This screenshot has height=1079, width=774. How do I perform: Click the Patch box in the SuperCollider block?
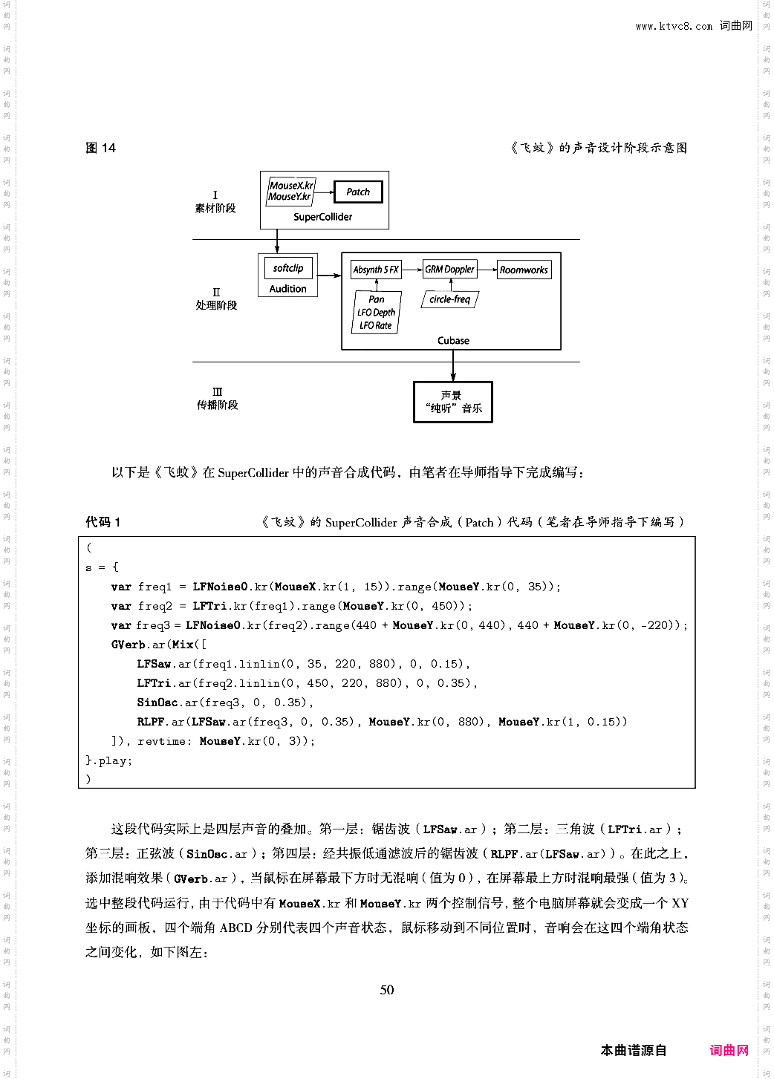358,192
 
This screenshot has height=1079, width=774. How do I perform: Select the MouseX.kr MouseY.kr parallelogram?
290,191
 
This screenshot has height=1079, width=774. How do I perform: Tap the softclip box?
288,268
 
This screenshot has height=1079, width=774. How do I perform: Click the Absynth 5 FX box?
376,270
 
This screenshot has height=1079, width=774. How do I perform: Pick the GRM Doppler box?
449,269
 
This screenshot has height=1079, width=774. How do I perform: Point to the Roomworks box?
524,270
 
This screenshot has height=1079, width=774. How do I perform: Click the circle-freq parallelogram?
450,299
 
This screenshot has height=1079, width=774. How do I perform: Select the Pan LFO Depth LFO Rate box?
376,313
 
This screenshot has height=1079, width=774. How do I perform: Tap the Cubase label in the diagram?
453,341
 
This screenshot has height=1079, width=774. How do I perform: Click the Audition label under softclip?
288,289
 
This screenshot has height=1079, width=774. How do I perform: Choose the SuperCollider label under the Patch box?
323,217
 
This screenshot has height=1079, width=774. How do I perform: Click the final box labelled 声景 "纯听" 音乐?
453,402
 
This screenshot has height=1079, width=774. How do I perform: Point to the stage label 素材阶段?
215,208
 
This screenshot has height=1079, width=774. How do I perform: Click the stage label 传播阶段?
217,405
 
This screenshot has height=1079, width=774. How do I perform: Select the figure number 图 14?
101,148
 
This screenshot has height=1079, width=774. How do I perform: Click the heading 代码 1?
103,522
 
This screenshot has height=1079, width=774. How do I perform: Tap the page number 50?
387,989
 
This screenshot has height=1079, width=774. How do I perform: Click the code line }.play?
108,760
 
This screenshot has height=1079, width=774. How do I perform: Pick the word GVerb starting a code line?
129,645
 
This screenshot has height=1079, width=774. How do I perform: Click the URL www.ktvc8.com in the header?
674,26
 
